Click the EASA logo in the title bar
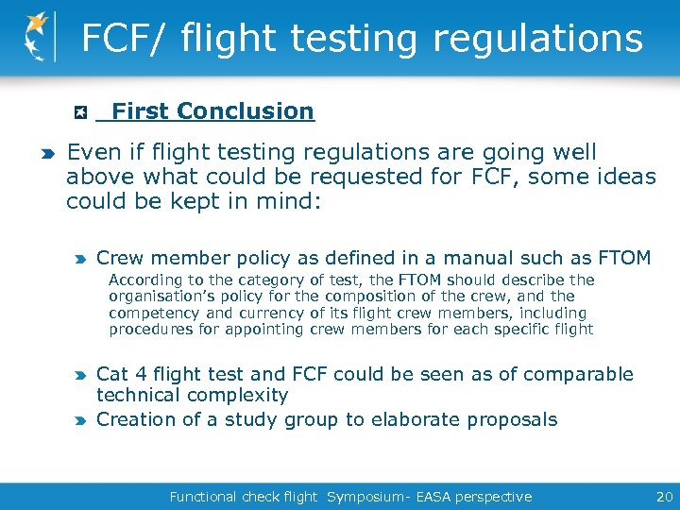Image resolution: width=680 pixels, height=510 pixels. coord(38,36)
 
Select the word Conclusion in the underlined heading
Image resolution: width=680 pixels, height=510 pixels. coord(246,111)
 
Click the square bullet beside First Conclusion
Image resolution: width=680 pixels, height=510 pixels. coord(81,112)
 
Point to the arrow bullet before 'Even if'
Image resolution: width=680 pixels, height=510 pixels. coord(47,153)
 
